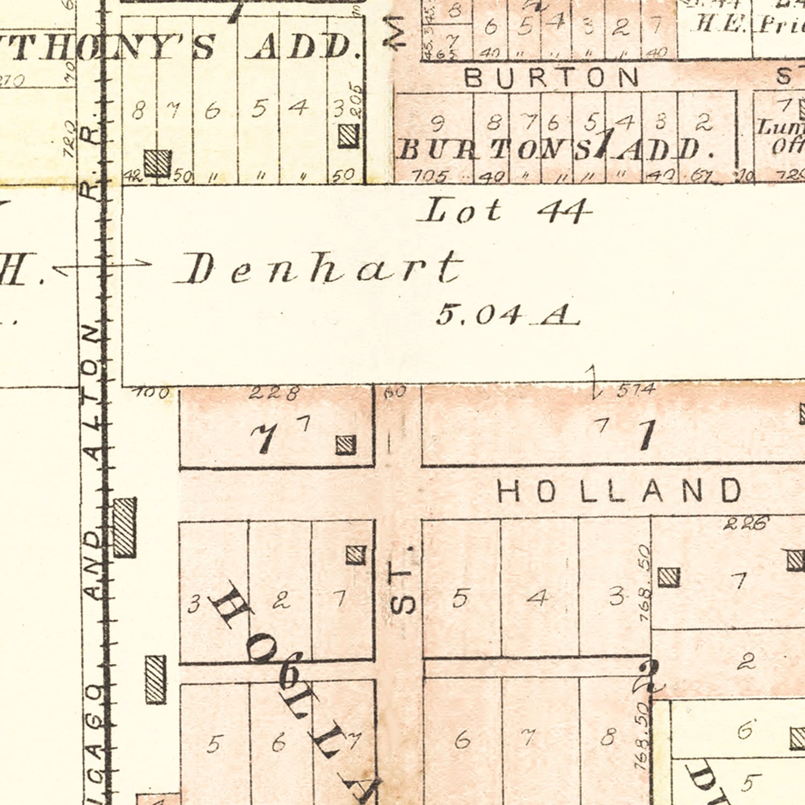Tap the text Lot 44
tap(504, 210)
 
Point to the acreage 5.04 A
tap(507, 314)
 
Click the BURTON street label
tap(552, 78)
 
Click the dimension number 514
tap(636, 390)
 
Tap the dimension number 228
tap(274, 393)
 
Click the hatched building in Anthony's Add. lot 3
tap(348, 136)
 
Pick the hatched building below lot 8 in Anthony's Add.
tap(158, 163)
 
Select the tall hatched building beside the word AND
tap(125, 528)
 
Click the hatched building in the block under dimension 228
tap(346, 445)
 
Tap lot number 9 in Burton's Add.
tap(437, 123)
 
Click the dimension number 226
tap(745, 523)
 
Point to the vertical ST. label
tap(403, 582)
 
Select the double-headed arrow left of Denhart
tap(102, 265)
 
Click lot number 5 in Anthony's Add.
tap(259, 109)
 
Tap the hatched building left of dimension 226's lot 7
tap(669, 577)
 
